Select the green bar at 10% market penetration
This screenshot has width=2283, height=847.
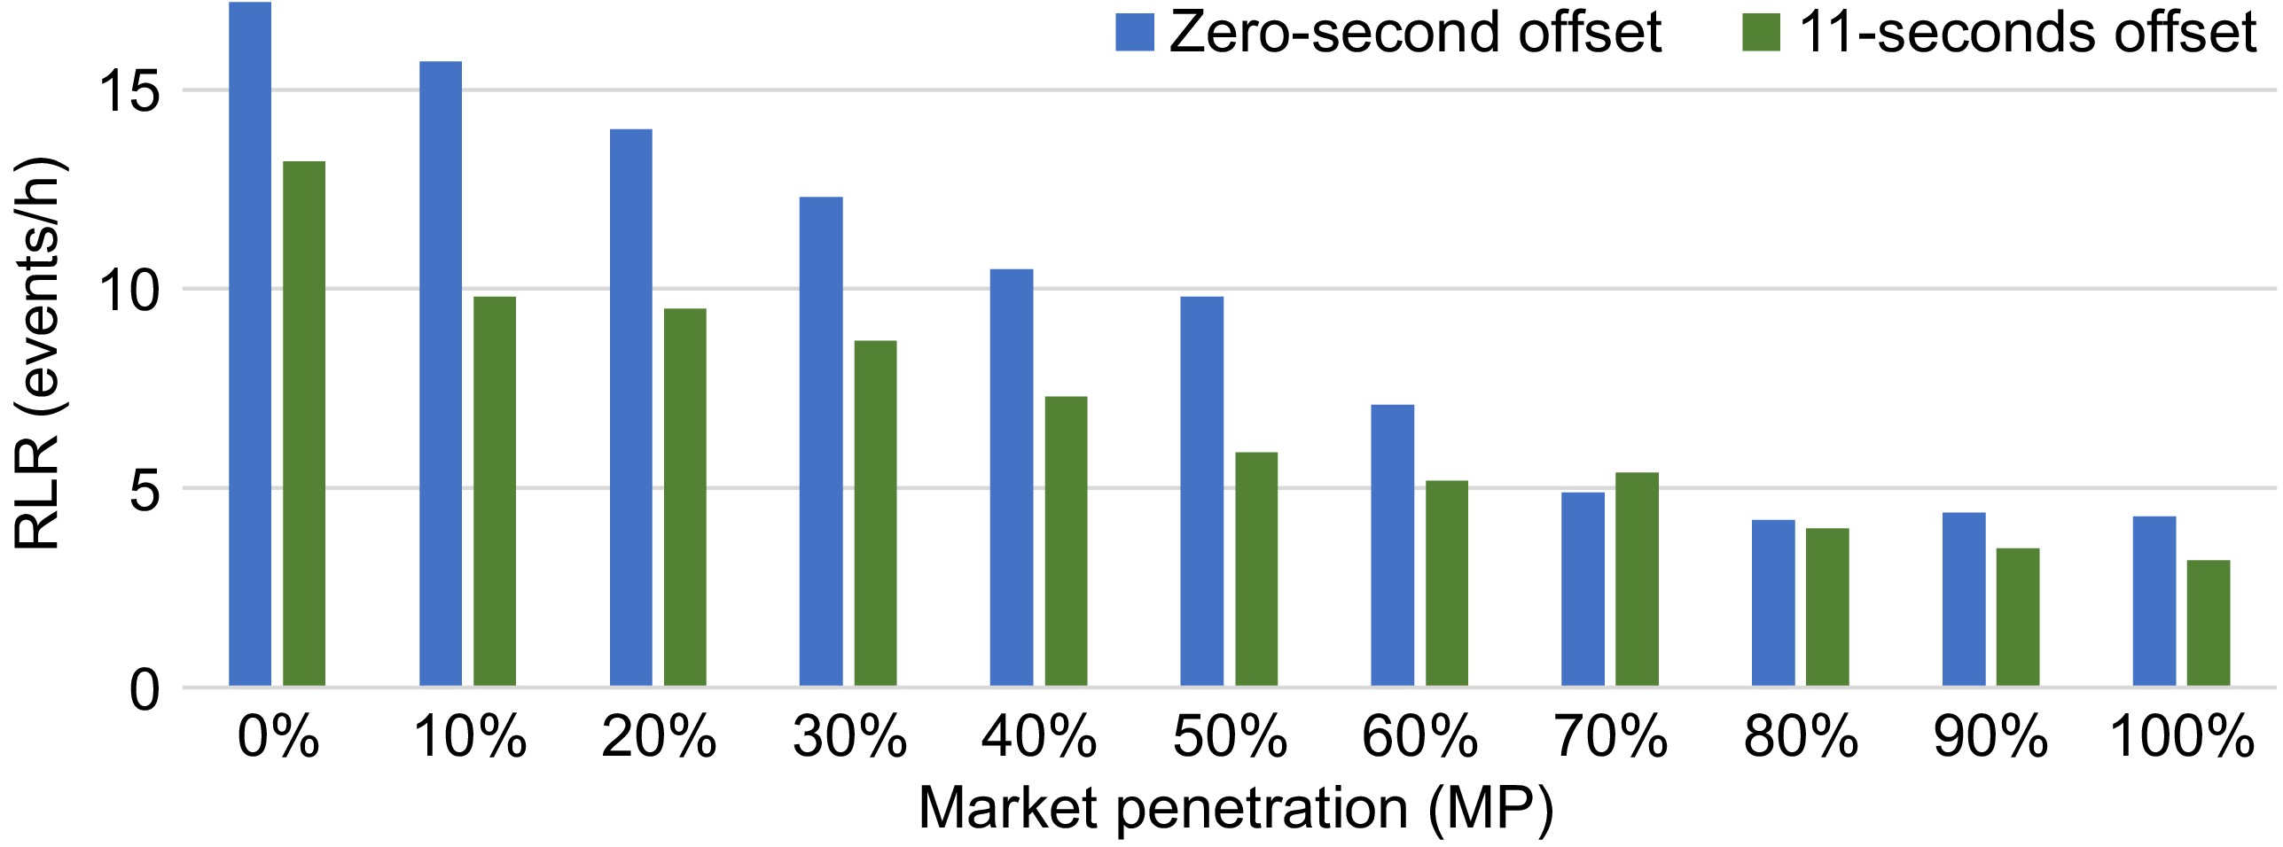pos(495,491)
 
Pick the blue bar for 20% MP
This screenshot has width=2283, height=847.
pos(631,408)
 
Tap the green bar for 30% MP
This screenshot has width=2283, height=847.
pos(875,513)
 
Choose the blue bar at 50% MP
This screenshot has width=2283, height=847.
pos(1202,491)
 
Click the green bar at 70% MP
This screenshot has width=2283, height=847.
pos(1637,579)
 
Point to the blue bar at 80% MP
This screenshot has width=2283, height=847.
pos(1773,602)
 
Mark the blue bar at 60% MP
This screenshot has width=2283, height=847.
pos(1393,545)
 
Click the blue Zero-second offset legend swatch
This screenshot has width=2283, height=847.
pos(1135,32)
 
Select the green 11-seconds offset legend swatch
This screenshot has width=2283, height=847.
pos(1762,32)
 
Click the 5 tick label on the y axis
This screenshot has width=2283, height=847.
pos(145,488)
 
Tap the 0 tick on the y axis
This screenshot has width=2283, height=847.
pos(145,689)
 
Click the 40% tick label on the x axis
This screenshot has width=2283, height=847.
pos(1039,737)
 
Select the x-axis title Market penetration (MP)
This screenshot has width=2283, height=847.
pos(1236,808)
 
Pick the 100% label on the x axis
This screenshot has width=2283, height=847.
pos(2182,737)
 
